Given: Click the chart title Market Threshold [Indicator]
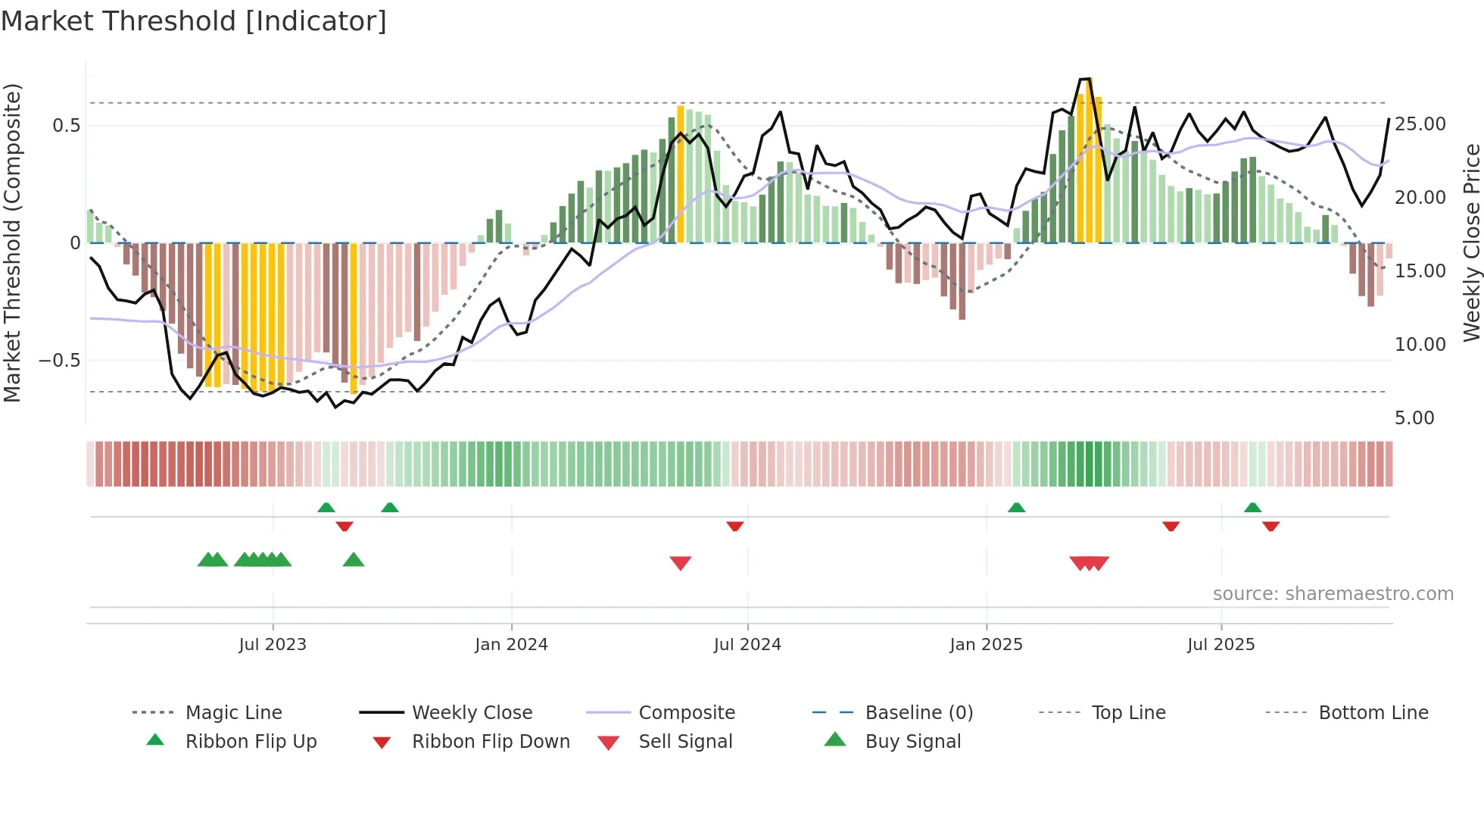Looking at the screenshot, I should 194,21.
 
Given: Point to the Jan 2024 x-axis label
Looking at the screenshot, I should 511,644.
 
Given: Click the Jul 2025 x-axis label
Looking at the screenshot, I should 1221,644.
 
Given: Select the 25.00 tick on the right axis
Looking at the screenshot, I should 1420,124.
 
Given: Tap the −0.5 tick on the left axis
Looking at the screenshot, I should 59,360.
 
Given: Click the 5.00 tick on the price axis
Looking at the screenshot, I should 1414,417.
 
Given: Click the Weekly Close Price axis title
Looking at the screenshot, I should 1470,242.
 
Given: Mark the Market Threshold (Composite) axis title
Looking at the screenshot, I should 12,242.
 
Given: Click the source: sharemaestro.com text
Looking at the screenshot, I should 1333,593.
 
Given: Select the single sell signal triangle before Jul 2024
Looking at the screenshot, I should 681,562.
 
